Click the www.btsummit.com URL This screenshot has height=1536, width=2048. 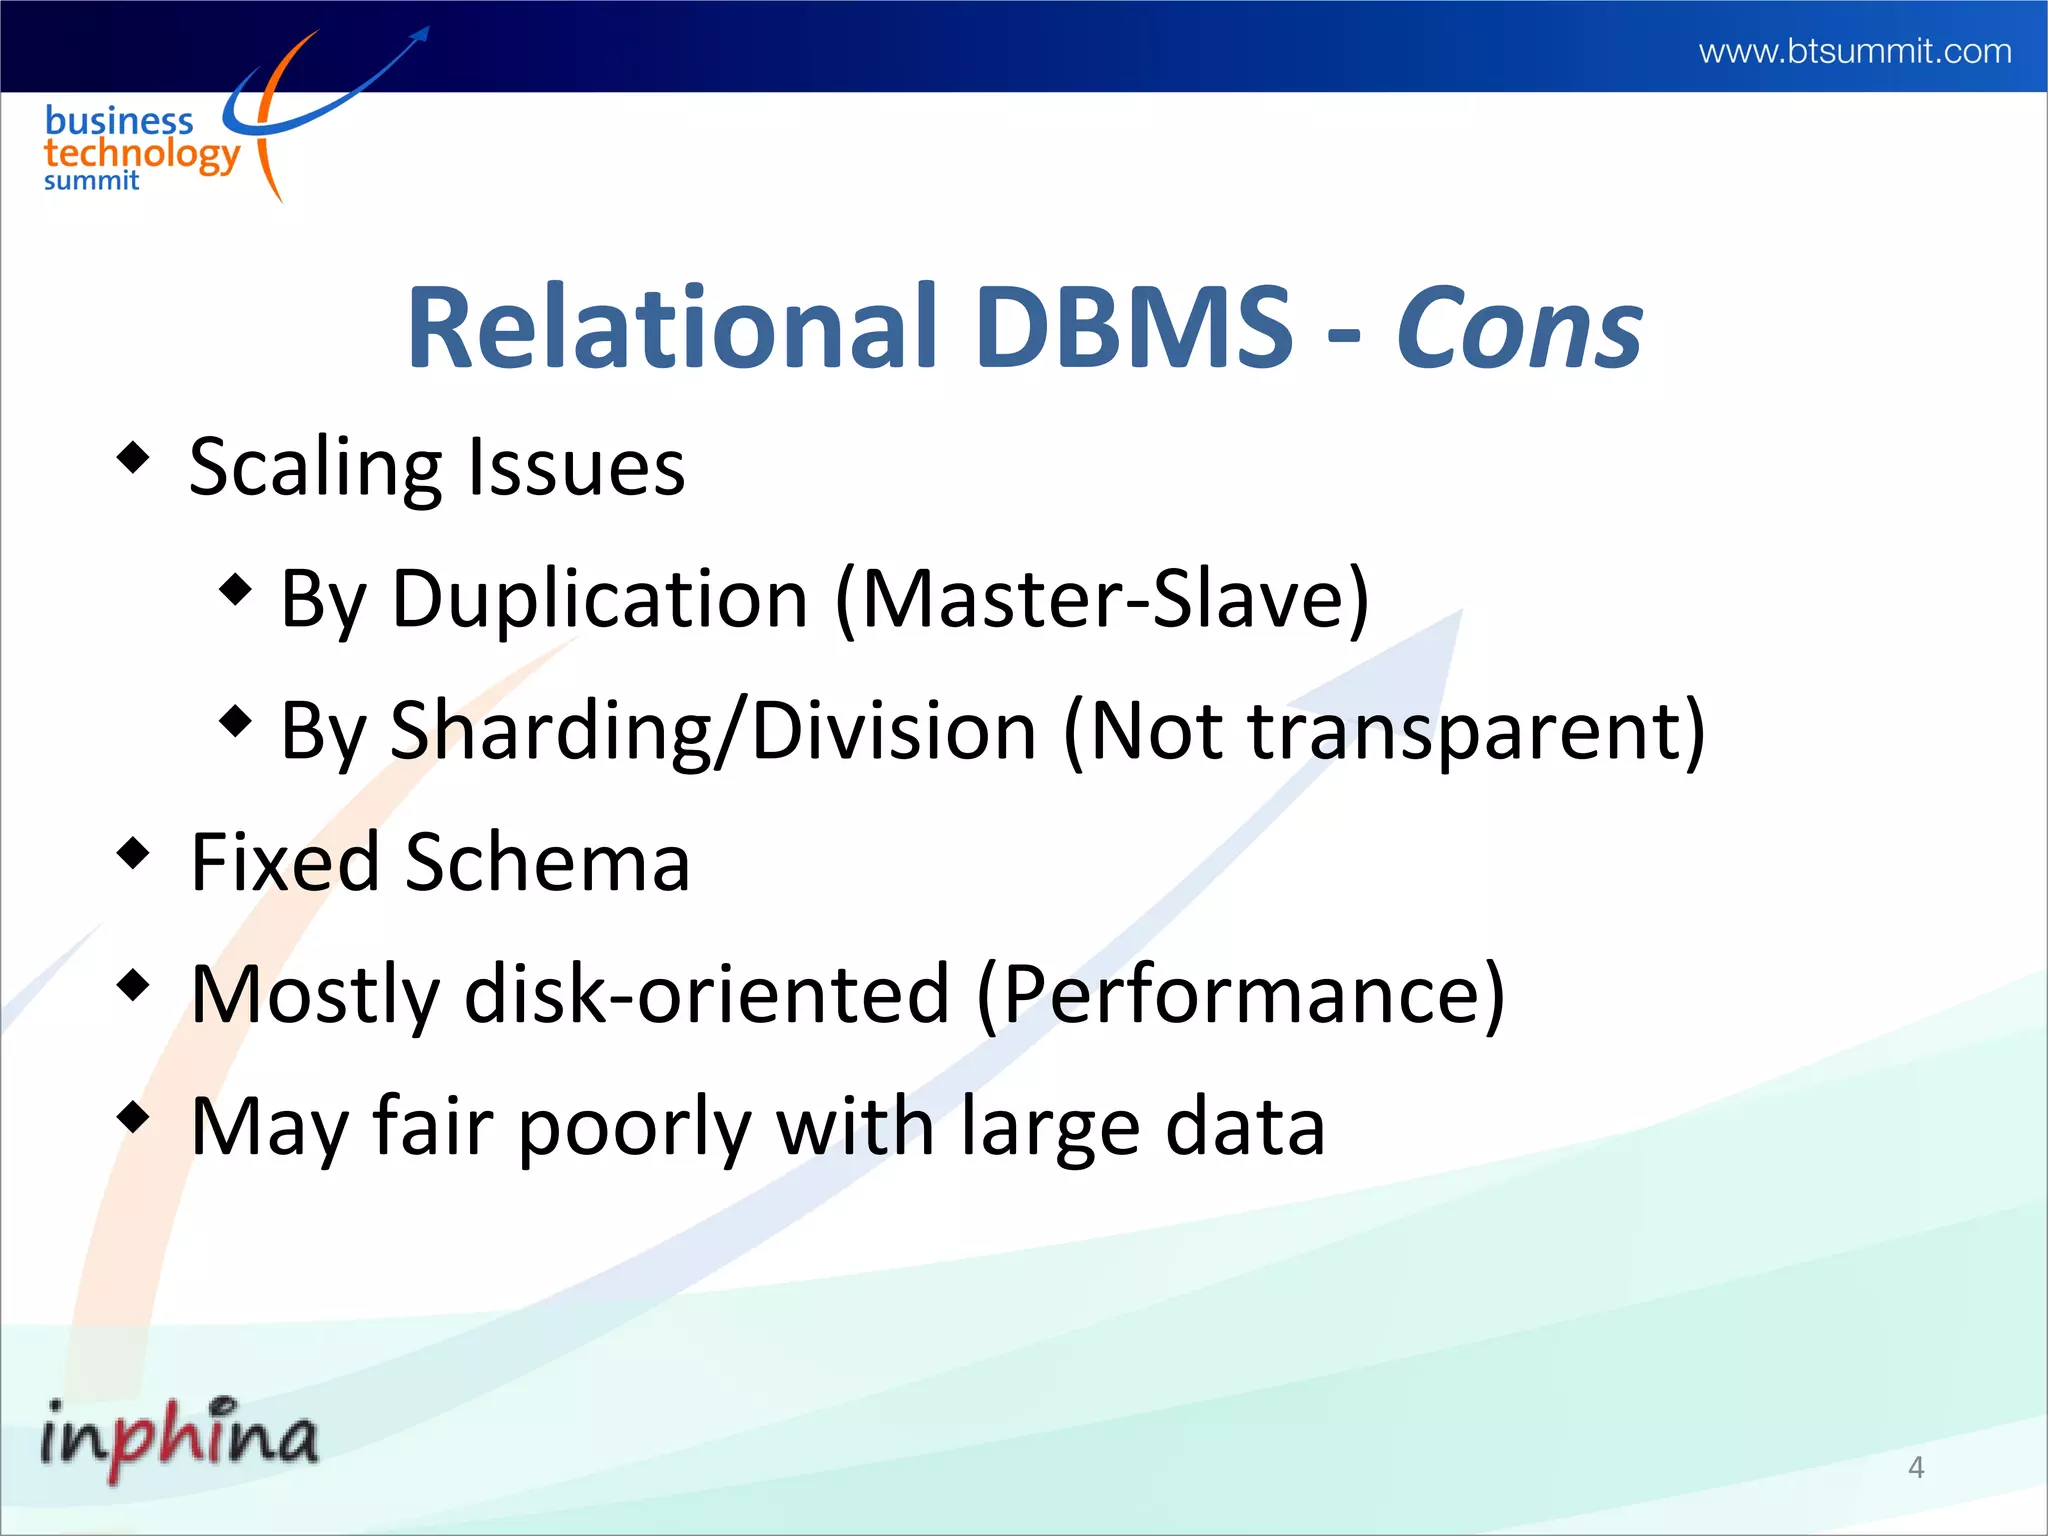click(1854, 51)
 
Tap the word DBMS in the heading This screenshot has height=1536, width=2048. click(1134, 328)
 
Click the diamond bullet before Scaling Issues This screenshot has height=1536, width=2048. click(133, 459)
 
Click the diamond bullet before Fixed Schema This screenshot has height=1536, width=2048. click(133, 853)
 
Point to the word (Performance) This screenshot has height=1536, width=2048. click(1240, 994)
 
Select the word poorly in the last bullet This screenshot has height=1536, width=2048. click(634, 1128)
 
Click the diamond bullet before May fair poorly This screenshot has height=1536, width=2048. click(133, 1117)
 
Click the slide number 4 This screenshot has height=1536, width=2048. click(1916, 1467)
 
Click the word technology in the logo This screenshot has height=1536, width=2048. click(141, 154)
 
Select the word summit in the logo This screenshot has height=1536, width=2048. click(91, 181)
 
